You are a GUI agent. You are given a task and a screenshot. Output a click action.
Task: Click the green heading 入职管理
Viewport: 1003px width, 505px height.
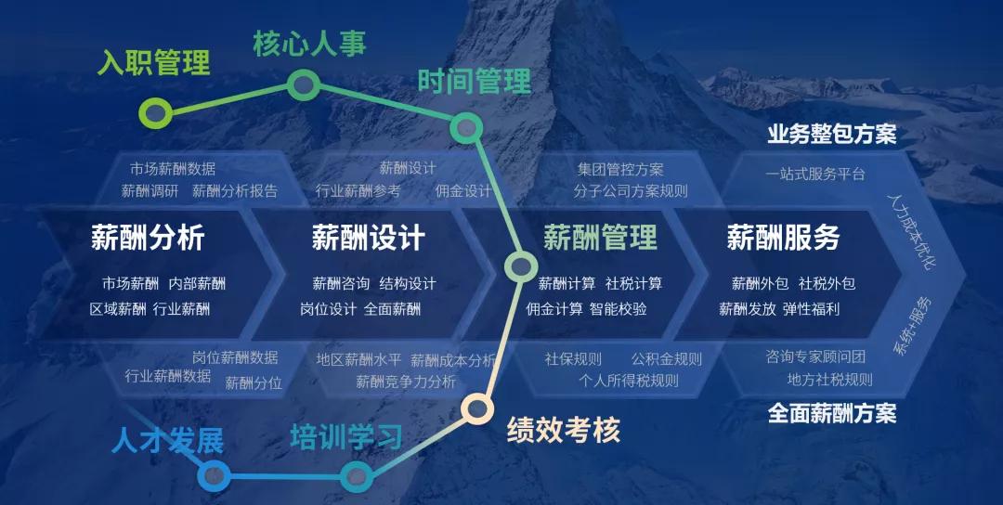click(x=153, y=63)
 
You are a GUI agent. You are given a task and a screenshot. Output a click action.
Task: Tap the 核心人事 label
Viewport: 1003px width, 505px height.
click(x=309, y=43)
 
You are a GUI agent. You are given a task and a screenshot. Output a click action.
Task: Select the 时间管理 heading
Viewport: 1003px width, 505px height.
click(x=474, y=81)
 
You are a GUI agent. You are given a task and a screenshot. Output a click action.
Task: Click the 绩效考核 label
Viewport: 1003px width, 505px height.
click(x=563, y=430)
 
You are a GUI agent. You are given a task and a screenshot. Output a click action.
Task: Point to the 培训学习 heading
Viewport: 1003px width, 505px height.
click(x=345, y=436)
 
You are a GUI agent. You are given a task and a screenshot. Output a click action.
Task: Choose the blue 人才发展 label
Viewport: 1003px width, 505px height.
click(x=167, y=441)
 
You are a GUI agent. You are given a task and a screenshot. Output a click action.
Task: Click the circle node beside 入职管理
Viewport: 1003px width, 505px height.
click(x=155, y=114)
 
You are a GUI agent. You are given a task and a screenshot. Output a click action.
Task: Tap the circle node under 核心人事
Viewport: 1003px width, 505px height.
click(x=301, y=85)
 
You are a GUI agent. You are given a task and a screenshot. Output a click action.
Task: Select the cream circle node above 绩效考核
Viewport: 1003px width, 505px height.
click(x=476, y=407)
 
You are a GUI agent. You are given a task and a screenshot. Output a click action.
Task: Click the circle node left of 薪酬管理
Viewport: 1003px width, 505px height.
click(x=519, y=267)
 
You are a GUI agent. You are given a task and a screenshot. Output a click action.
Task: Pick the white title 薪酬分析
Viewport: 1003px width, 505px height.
click(x=148, y=237)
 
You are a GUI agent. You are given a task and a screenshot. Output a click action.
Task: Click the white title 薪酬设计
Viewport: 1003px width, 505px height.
click(x=368, y=237)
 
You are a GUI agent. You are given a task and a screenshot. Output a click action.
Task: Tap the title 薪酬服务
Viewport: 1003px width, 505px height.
click(x=783, y=237)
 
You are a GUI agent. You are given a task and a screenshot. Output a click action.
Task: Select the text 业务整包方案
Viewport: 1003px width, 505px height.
click(x=831, y=135)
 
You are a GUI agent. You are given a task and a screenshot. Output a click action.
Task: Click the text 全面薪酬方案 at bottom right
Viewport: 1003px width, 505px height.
click(x=832, y=413)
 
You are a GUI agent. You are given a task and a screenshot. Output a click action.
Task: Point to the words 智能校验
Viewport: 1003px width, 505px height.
click(x=619, y=309)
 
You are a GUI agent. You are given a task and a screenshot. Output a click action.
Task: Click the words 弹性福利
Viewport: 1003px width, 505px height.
click(x=811, y=309)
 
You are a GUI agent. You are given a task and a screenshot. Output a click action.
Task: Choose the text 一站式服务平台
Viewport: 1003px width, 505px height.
click(x=815, y=174)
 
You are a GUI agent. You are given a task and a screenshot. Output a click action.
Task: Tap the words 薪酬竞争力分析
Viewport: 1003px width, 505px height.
click(x=406, y=382)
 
